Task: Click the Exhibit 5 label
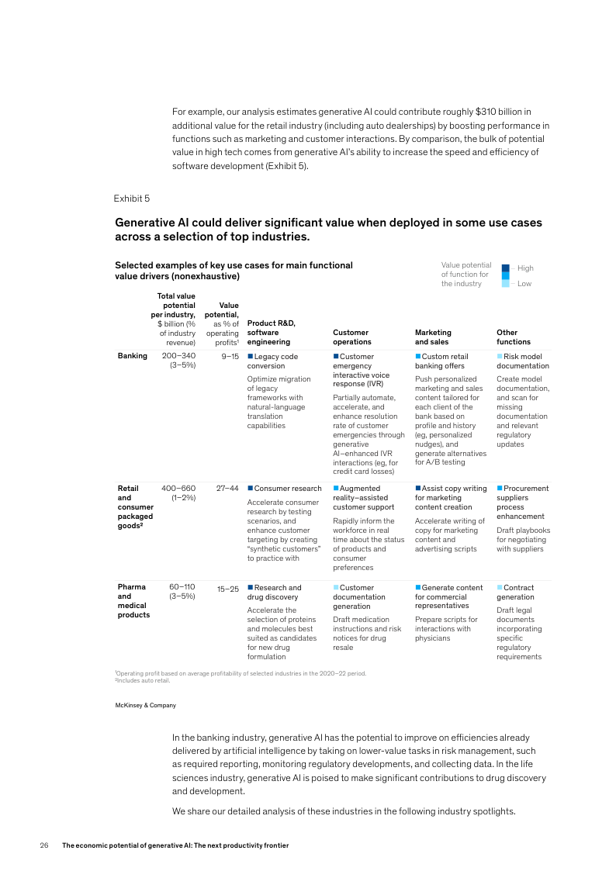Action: [131, 199]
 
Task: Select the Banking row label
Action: [132, 356]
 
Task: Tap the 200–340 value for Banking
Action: [178, 356]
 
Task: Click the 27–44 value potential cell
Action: [227, 489]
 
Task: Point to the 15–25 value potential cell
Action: [227, 589]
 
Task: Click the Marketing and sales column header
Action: [433, 337]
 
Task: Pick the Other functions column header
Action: [513, 337]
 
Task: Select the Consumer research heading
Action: [287, 489]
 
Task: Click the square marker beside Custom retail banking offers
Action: [418, 356]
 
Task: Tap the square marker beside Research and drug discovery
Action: [250, 588]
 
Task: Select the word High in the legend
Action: [525, 268]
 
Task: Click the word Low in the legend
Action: [524, 284]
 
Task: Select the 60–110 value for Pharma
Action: [182, 587]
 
